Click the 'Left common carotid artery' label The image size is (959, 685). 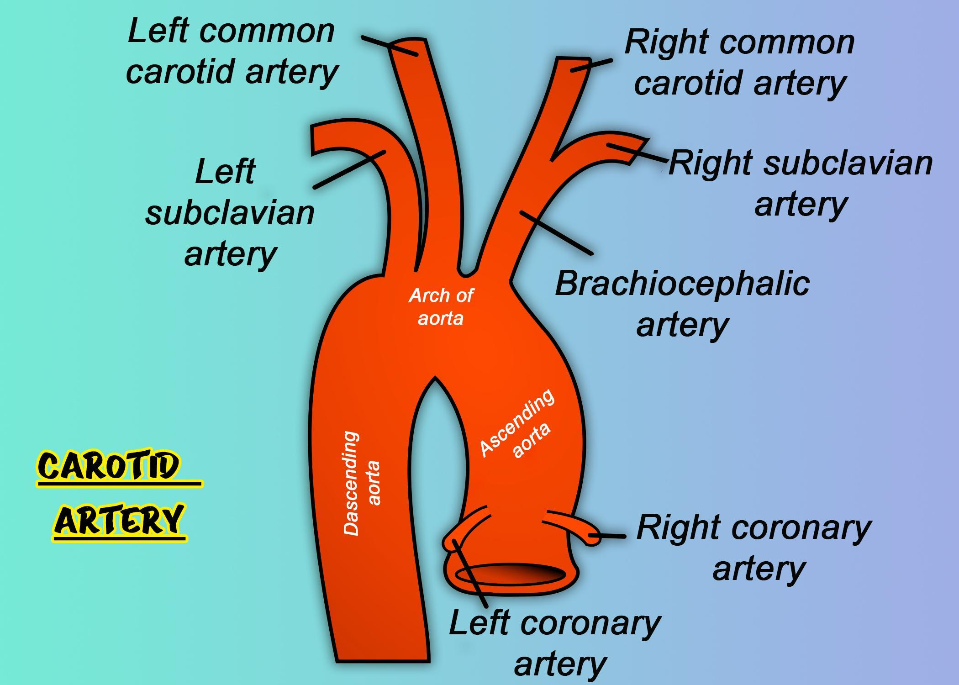point(232,51)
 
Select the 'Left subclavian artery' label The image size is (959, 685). point(230,212)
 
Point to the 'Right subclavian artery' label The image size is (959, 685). point(801,183)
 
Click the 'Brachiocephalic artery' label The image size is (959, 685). point(682,303)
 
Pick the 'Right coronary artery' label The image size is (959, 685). point(754,547)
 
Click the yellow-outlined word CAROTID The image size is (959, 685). point(109,466)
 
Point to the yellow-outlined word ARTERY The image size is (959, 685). point(120,521)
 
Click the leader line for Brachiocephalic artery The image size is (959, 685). point(556,233)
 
